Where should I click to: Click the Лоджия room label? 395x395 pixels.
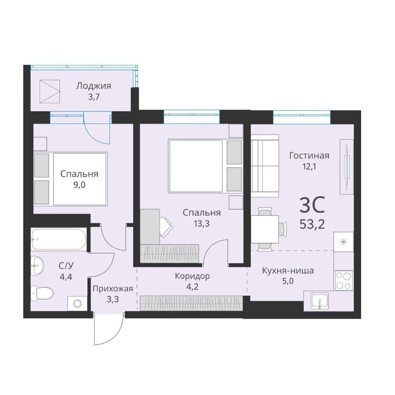94,86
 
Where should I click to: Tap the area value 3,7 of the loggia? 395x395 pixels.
94,97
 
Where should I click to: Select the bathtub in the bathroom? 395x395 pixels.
58,239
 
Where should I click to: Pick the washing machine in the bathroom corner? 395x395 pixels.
77,303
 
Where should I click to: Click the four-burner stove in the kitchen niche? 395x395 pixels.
344,280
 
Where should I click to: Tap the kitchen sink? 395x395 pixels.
320,301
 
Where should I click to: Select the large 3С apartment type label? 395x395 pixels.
312,205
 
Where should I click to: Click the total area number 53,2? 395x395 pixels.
312,224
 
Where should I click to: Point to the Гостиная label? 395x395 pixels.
309,155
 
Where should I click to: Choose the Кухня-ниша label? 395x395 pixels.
288,271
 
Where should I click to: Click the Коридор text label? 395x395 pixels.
192,276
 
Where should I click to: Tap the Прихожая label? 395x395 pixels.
113,288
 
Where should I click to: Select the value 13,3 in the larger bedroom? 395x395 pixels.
202,224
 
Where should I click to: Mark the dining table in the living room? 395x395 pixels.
265,229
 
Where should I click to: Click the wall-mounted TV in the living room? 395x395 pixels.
347,167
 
